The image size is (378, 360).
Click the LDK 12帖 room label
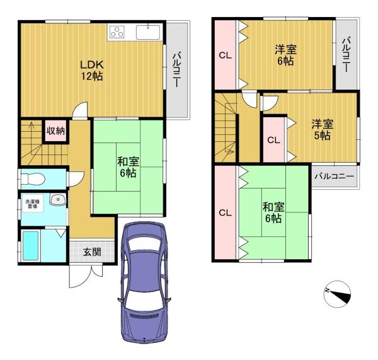point(92,71)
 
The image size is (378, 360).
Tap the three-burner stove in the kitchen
point(117,32)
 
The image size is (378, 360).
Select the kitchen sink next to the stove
point(148,32)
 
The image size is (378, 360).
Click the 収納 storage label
point(55,131)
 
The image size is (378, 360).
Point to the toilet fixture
point(33,179)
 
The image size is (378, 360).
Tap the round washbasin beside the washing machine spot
point(58,199)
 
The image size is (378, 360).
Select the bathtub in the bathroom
point(31,246)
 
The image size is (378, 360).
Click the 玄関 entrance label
point(92,252)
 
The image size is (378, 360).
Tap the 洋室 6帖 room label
point(285,55)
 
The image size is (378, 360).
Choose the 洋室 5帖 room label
point(323,130)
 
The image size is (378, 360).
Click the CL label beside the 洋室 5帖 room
point(273,140)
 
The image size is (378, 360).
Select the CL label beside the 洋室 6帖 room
point(225,55)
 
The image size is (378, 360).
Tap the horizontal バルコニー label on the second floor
point(334,176)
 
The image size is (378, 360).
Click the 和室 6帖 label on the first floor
point(128,167)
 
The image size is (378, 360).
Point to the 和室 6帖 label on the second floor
point(273,212)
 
